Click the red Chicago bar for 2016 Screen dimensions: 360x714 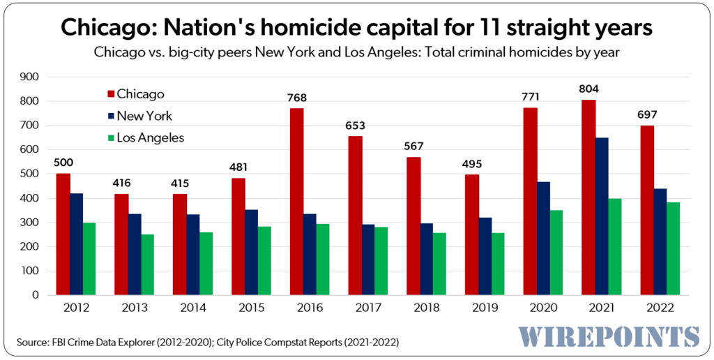pyautogui.click(x=296, y=202)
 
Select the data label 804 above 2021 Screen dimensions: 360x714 pyautogui.click(x=588, y=89)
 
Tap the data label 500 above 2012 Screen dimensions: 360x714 pyautogui.click(x=63, y=163)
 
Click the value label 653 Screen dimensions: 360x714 pyautogui.click(x=355, y=126)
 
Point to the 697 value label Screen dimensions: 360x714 pyautogui.click(x=647, y=114)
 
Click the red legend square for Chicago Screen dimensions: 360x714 pyautogui.click(x=110, y=94)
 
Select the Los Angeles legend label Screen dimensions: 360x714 pyautogui.click(x=151, y=137)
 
